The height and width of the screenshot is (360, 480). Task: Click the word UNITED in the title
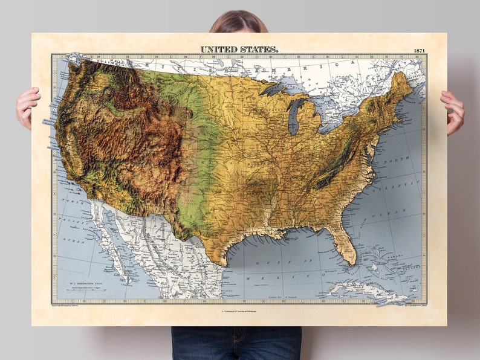pos(218,48)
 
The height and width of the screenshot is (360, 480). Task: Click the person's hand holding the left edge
pos(27,106)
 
